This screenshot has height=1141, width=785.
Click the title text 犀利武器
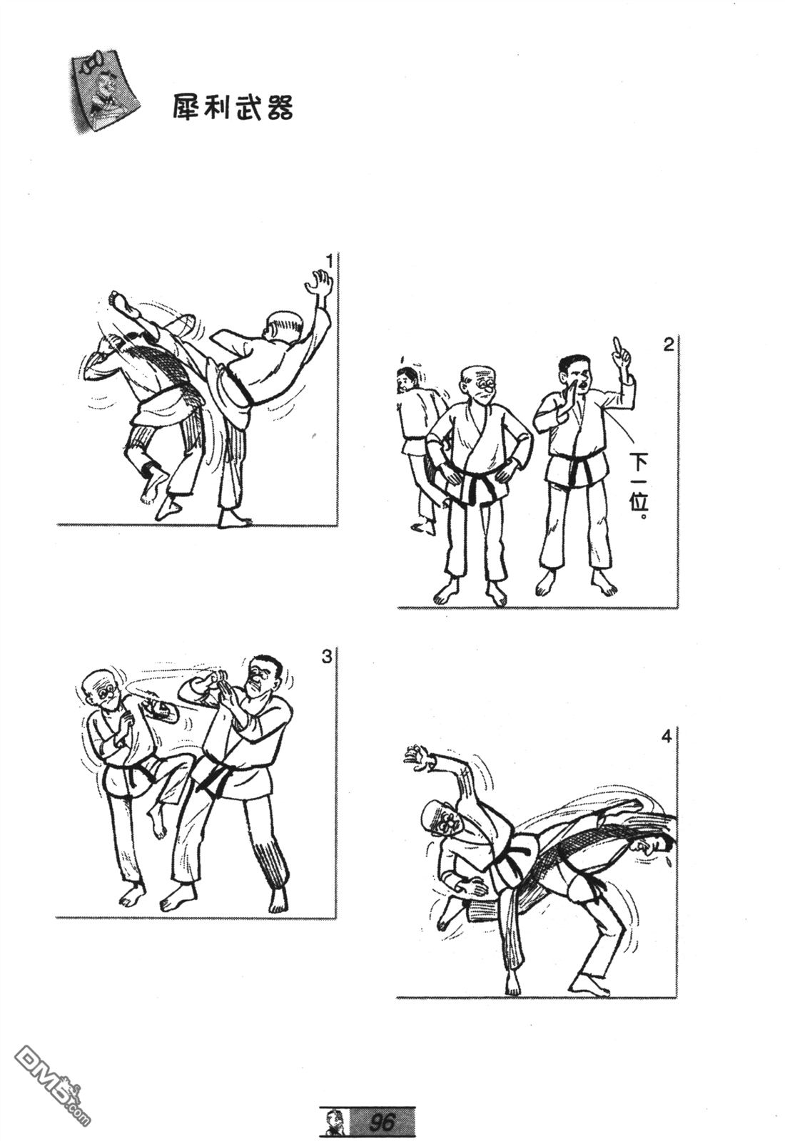pyautogui.click(x=233, y=108)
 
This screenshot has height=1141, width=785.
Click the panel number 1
pyautogui.click(x=329, y=262)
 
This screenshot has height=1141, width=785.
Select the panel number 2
pyautogui.click(x=668, y=345)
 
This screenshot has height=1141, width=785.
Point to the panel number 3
pyautogui.click(x=327, y=657)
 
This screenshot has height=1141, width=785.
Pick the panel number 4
pyautogui.click(x=667, y=737)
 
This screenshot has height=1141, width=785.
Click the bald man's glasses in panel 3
pyautogui.click(x=110, y=692)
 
